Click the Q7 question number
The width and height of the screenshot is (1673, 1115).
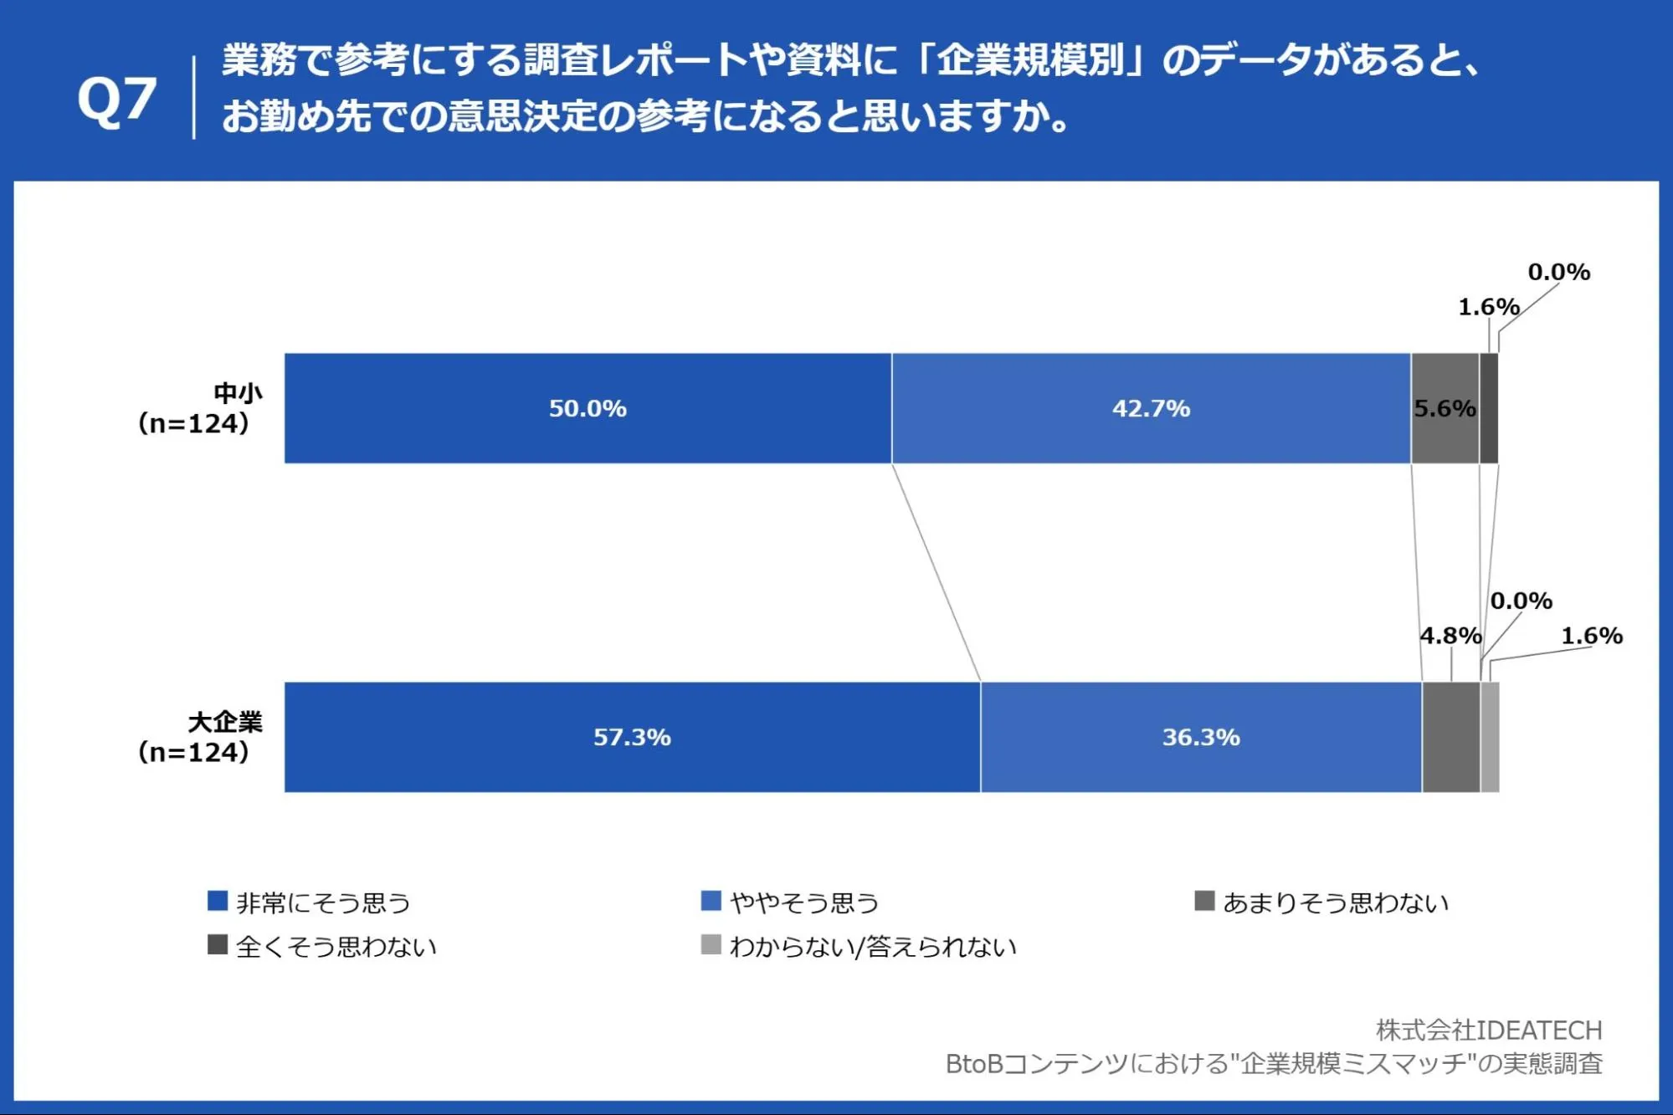point(117,100)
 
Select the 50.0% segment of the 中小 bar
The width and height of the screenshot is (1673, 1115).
point(588,408)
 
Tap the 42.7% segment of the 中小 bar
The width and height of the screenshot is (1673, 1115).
point(1152,408)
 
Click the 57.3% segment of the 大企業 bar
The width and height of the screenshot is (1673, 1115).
point(632,737)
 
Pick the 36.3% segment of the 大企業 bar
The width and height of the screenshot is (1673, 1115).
point(1201,737)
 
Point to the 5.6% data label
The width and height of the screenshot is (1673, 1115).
point(1445,408)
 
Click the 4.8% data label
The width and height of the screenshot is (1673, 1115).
point(1450,636)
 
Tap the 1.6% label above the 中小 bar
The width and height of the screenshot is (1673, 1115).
point(1489,307)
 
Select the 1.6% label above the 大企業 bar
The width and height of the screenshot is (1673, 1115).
point(1592,636)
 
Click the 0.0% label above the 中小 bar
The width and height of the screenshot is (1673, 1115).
point(1559,272)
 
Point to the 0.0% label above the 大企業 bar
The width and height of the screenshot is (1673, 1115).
point(1522,601)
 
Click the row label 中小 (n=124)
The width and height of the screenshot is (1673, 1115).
point(201,408)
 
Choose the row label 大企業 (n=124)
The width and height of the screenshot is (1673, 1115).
point(201,737)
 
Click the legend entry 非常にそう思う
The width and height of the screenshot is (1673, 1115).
point(310,903)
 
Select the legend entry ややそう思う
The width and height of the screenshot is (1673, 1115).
point(791,903)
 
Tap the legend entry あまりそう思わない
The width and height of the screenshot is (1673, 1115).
point(1322,903)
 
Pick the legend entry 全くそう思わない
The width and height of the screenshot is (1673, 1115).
point(322,946)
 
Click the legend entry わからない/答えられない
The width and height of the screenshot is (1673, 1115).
point(860,946)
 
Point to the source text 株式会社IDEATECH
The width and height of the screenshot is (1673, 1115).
point(1489,1030)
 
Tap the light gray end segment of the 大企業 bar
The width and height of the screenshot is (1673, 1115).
point(1490,737)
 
